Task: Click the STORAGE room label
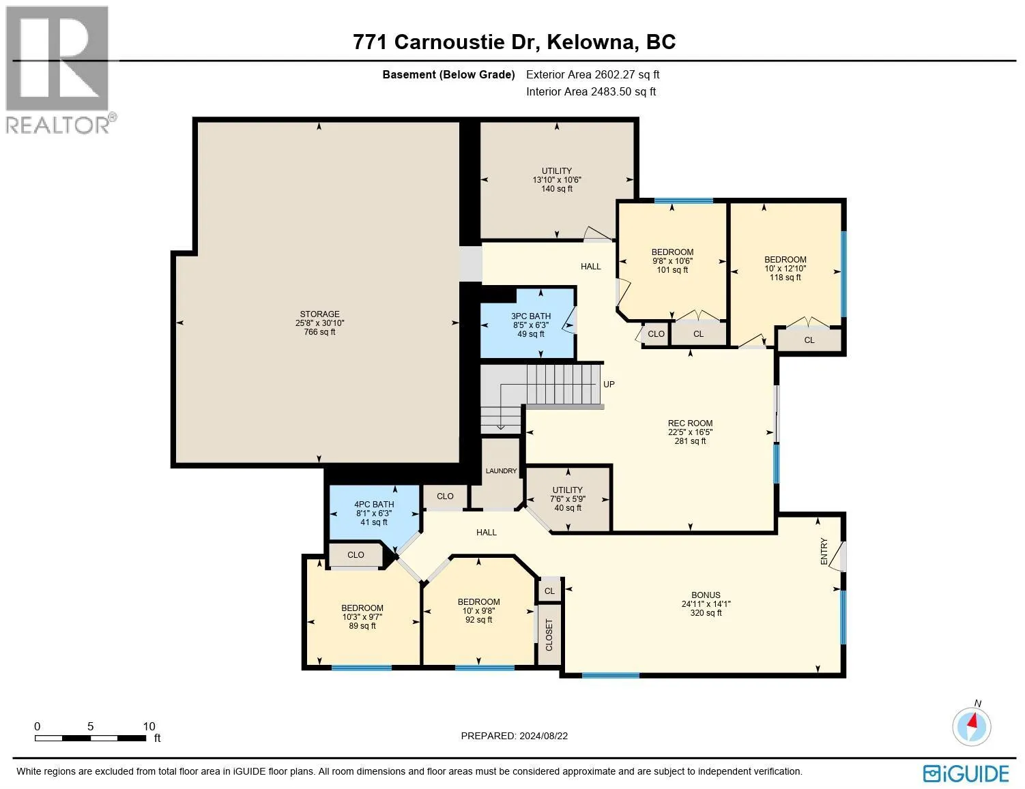(x=319, y=314)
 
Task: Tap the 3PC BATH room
(x=530, y=325)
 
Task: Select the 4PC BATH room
(x=374, y=513)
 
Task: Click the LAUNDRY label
(x=501, y=471)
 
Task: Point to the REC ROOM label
(x=690, y=423)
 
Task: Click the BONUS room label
(x=705, y=595)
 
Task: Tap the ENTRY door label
(x=824, y=551)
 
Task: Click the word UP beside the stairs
(x=609, y=385)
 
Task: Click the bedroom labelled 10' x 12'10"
(x=785, y=269)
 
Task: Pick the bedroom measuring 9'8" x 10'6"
(x=672, y=261)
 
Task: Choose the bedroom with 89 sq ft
(x=362, y=616)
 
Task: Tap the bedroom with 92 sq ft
(x=478, y=611)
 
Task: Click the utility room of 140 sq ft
(x=557, y=180)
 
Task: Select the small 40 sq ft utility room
(x=568, y=498)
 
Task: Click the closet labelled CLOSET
(x=549, y=635)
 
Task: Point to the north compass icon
(x=972, y=725)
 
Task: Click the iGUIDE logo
(x=966, y=773)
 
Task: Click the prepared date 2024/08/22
(x=514, y=736)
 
